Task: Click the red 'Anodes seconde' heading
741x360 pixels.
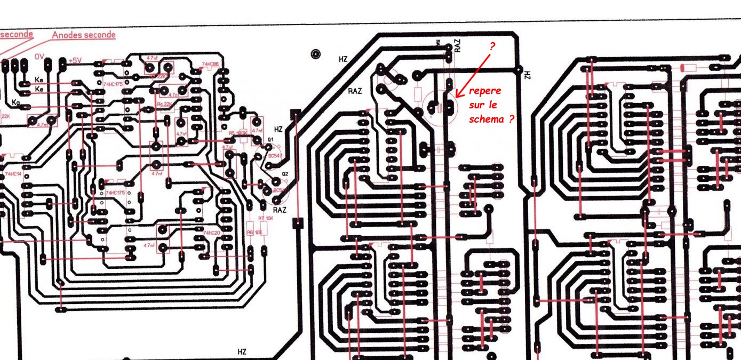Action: click(x=83, y=35)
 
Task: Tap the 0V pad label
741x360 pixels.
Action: click(x=39, y=57)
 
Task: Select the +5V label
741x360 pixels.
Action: click(x=74, y=60)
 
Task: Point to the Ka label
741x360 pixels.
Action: click(x=39, y=79)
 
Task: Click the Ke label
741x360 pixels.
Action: click(x=39, y=89)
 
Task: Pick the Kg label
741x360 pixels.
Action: click(x=15, y=101)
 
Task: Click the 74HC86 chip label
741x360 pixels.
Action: click(x=210, y=65)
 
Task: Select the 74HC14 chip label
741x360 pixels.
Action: click(x=13, y=174)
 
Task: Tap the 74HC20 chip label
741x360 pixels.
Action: click(x=211, y=233)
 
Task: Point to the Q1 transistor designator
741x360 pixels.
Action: click(x=270, y=140)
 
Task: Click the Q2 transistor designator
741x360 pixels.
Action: click(x=285, y=174)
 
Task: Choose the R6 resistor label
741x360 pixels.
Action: click(x=250, y=232)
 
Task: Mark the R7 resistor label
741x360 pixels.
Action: click(x=261, y=219)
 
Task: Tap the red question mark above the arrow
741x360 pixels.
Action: click(x=492, y=46)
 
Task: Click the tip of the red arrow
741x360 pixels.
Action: click(x=457, y=98)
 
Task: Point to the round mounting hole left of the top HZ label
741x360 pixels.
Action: click(x=316, y=54)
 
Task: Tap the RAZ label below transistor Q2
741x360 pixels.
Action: click(x=280, y=210)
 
